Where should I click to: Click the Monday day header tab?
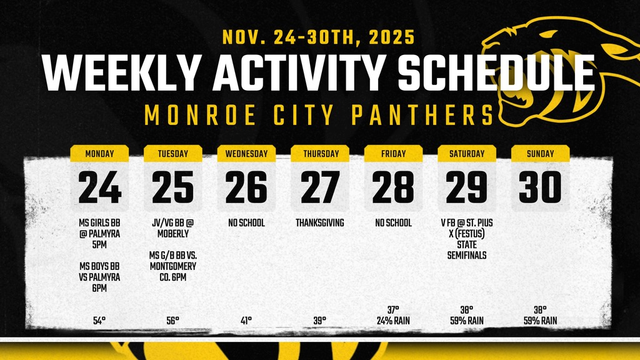point(99,154)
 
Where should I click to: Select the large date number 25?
point(173,187)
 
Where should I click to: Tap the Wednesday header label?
point(246,154)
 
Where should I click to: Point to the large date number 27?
point(320,187)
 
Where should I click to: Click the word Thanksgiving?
point(320,222)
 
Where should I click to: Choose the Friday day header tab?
point(393,154)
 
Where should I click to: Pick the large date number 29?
point(467,187)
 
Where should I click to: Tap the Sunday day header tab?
point(540,154)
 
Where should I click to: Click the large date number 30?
point(540,187)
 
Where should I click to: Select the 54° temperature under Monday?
point(99,321)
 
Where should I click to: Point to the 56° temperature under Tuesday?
point(173,321)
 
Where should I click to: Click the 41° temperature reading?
point(246,321)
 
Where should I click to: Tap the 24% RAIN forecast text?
point(393,321)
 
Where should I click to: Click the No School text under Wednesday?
point(246,222)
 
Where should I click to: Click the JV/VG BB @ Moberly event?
point(173,228)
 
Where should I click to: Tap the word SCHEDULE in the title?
point(496,73)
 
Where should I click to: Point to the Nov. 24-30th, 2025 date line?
point(318,37)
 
